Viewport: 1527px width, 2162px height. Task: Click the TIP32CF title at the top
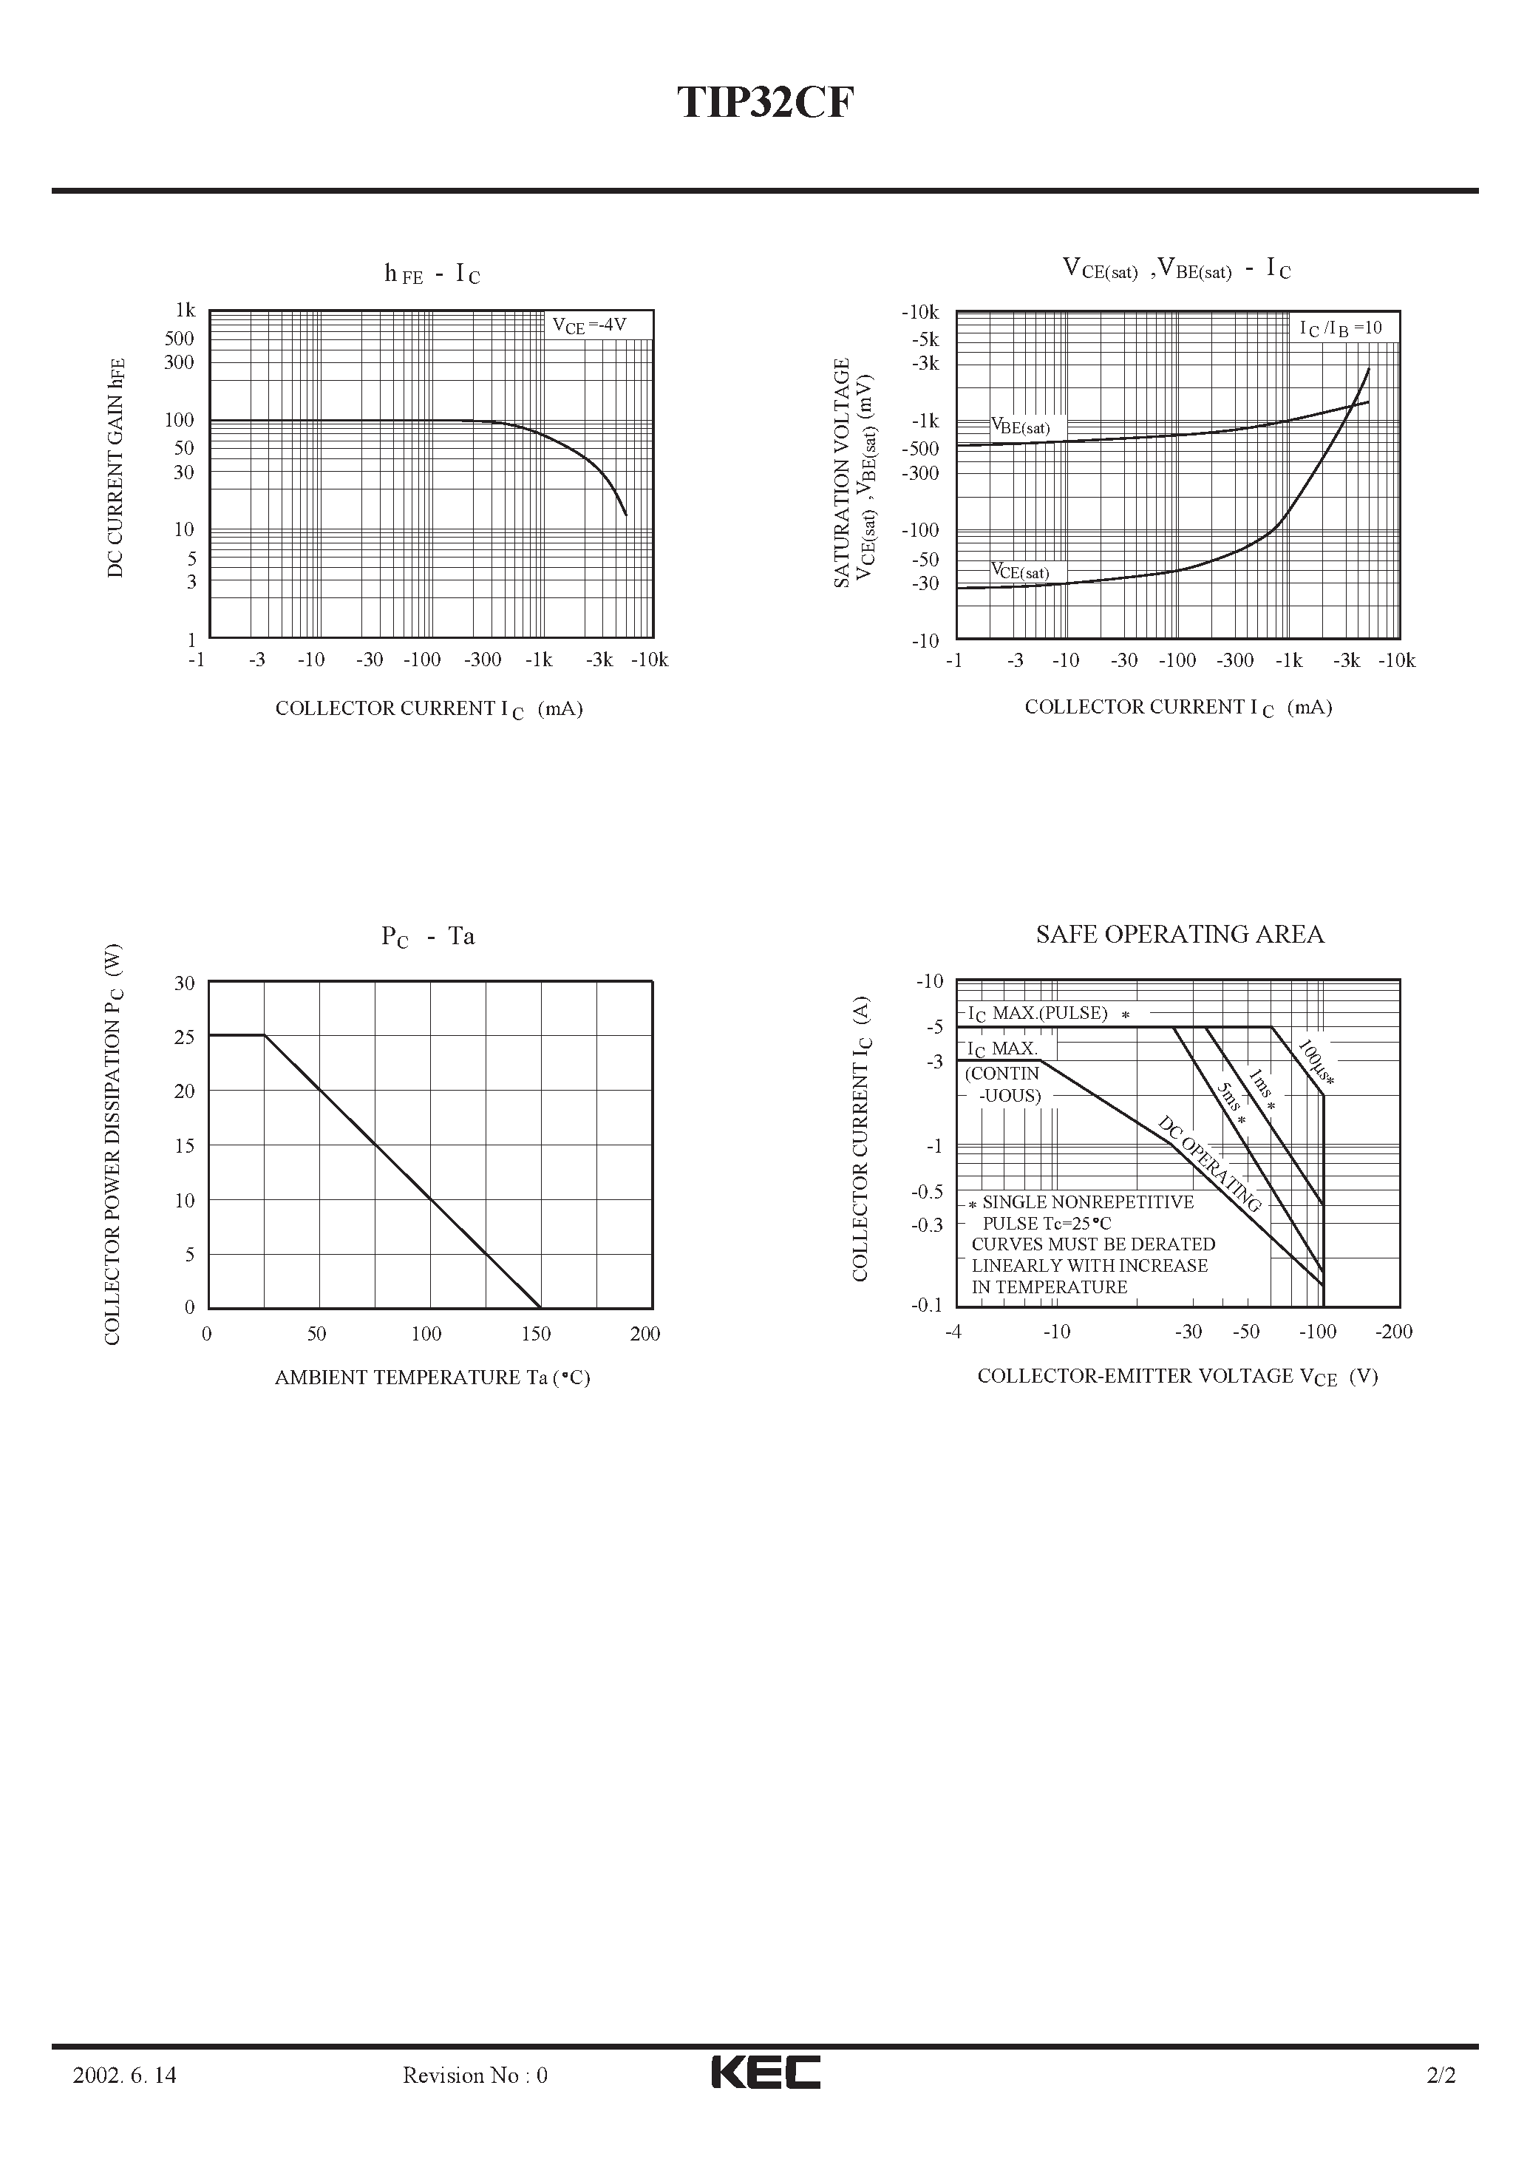pyautogui.click(x=763, y=103)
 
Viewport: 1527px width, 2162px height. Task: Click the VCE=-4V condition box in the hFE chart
pyautogui.click(x=588, y=326)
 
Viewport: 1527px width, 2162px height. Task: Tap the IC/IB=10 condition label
pyautogui.click(x=1341, y=328)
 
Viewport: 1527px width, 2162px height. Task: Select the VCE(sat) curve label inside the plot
pyautogui.click(x=1019, y=571)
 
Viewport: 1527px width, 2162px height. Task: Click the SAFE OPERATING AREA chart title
pyautogui.click(x=1180, y=934)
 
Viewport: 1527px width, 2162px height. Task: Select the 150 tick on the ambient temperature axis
pyautogui.click(x=536, y=1333)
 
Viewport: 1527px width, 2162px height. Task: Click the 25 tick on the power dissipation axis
pyautogui.click(x=185, y=1037)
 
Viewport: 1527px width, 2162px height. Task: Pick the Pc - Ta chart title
pyautogui.click(x=427, y=936)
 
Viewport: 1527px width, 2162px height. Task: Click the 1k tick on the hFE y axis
pyautogui.click(x=185, y=310)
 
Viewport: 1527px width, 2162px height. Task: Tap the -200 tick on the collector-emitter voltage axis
pyautogui.click(x=1393, y=1332)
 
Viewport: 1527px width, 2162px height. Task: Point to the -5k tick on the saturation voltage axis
pyautogui.click(x=925, y=339)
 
